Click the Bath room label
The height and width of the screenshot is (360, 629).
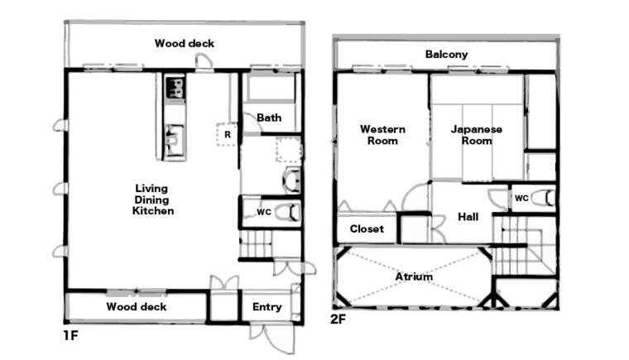[269, 118]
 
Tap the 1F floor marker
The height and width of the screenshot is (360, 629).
[70, 335]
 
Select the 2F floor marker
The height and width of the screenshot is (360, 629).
[338, 319]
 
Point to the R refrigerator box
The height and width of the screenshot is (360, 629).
[227, 134]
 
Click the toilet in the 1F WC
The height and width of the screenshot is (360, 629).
[288, 212]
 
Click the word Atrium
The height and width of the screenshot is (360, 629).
[414, 276]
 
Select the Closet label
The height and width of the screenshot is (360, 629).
[367, 228]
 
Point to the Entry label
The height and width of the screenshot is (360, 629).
[266, 307]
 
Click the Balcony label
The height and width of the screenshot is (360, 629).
[446, 54]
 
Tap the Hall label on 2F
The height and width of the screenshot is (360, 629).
[468, 217]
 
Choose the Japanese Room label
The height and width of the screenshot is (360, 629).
[477, 135]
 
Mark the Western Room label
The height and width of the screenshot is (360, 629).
[382, 135]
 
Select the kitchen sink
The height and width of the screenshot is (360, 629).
[175, 140]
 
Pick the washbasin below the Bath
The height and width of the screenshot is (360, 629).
[292, 180]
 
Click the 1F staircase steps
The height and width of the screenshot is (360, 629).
[256, 244]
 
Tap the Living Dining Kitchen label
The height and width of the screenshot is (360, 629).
[153, 199]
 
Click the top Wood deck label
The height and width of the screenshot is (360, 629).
[185, 43]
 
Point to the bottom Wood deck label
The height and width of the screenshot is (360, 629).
[137, 307]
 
